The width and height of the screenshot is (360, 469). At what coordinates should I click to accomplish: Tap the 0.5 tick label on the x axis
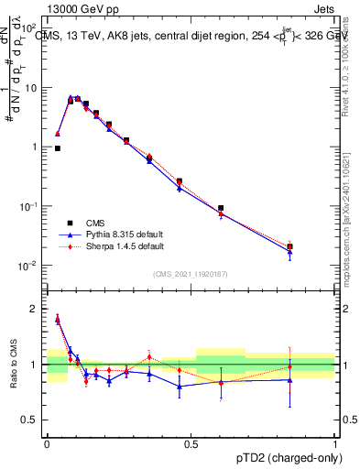point(191,442)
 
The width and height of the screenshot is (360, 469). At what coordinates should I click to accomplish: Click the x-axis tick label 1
point(335,442)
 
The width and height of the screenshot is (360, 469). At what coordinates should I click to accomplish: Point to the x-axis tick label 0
point(47,442)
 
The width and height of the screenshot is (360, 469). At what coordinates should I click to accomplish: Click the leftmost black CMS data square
point(58,147)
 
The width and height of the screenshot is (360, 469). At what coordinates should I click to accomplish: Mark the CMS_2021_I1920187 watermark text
point(191,273)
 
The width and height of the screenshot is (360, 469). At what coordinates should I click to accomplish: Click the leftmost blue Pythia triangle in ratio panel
point(58,320)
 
